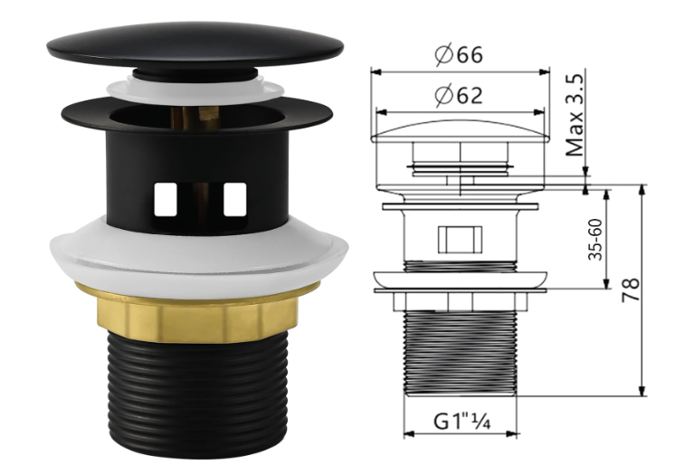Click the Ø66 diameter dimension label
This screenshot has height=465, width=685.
[459, 54]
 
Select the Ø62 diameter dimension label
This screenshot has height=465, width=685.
[459, 95]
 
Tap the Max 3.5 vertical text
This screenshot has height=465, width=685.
[575, 115]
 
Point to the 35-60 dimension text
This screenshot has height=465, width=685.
[595, 240]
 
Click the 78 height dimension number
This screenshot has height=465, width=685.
[631, 289]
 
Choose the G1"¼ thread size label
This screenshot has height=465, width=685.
[461, 422]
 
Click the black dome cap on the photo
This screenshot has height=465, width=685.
[195, 46]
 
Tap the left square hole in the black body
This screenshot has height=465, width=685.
[165, 200]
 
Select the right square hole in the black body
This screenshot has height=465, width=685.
[235, 200]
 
